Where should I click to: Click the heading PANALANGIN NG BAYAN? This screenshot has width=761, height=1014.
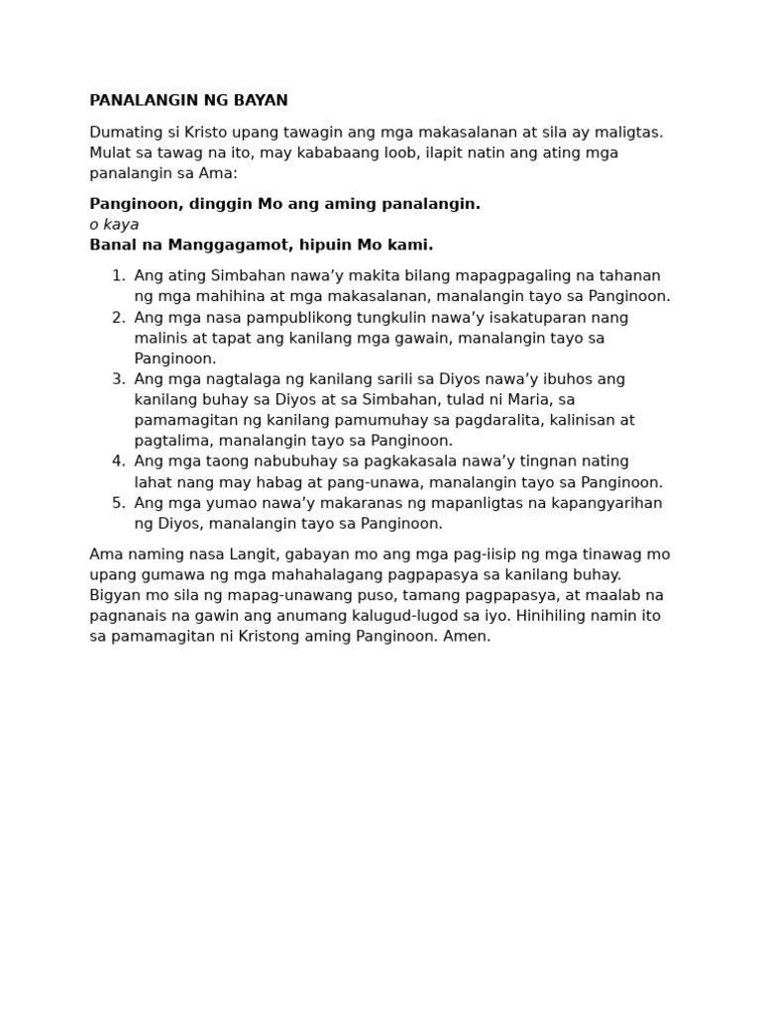(x=188, y=101)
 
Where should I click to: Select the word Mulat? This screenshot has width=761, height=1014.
(x=110, y=153)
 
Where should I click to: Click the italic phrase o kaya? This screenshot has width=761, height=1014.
(x=114, y=225)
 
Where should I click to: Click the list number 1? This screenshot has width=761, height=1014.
(x=118, y=276)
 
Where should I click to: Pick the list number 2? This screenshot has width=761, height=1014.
(x=118, y=318)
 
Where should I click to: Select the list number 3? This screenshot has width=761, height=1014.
(x=118, y=379)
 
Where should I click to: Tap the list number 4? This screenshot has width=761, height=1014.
(x=118, y=461)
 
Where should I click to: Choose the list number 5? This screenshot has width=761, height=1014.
(x=118, y=503)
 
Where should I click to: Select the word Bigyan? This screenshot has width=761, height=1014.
(x=115, y=596)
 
